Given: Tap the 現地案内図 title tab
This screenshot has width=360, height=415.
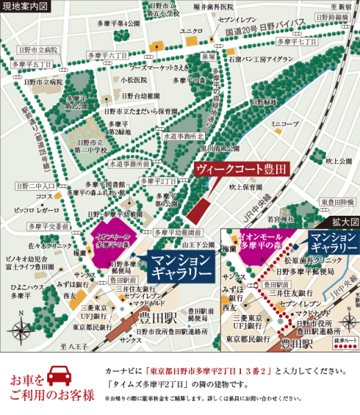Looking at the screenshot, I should click(x=25, y=6).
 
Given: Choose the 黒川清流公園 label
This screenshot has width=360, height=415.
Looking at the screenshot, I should click(x=221, y=147).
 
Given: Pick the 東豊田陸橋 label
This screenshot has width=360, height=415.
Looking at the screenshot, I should click(x=337, y=202).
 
